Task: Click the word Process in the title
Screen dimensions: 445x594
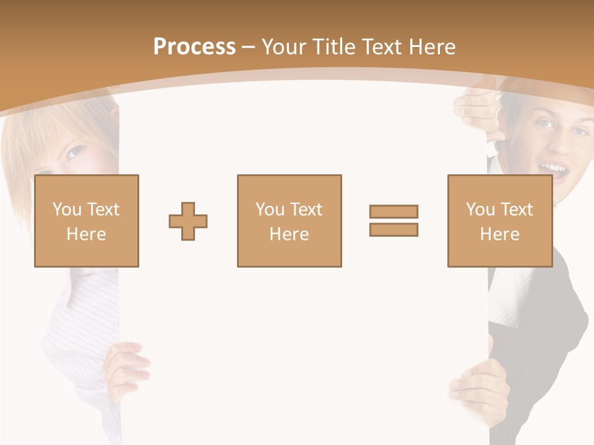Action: coord(194,47)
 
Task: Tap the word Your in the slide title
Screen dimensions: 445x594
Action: coord(285,47)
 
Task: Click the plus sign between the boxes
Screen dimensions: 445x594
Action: coord(188,221)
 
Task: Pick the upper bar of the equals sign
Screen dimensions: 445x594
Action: coord(394,211)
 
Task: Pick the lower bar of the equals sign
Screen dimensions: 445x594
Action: coord(394,229)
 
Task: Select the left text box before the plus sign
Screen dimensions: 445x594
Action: coord(87,221)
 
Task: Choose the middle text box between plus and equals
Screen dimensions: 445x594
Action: coord(289,221)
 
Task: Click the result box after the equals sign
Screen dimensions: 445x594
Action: coord(499,221)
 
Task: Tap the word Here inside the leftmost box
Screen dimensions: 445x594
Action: coord(86,234)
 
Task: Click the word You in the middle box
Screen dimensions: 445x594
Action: coord(270,210)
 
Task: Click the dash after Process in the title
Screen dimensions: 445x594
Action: coord(249,48)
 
